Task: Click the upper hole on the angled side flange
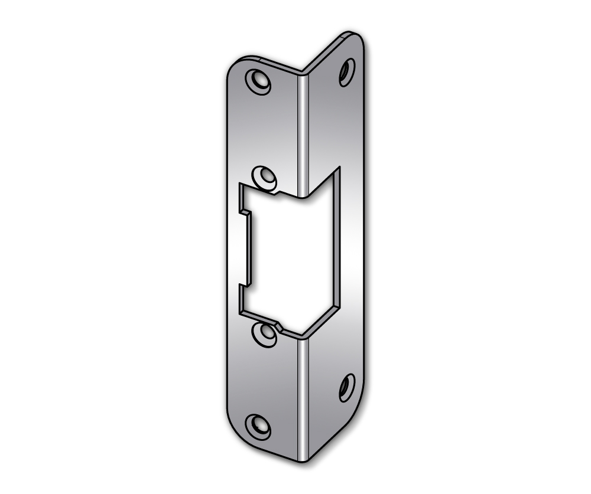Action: pos(347,72)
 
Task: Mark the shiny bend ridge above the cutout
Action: pos(302,130)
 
